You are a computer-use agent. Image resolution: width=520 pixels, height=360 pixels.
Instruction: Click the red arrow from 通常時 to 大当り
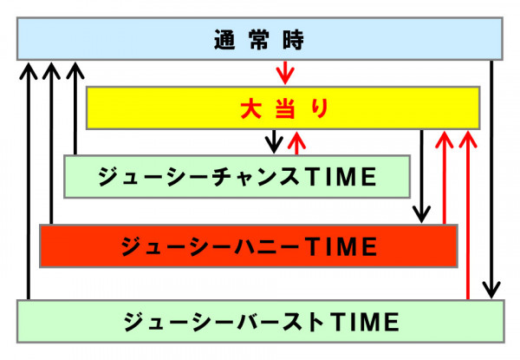285,72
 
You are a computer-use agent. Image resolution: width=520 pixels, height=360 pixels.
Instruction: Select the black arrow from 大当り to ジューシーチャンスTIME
274,141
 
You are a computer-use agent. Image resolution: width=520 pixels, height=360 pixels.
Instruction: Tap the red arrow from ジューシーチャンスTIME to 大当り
296,143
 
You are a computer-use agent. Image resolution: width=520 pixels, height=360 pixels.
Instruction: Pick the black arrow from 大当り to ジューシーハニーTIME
421,176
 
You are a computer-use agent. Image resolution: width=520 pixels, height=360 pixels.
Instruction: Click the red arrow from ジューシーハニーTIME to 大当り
444,178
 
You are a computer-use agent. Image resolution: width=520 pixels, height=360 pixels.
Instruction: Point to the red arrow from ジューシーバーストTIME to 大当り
468,215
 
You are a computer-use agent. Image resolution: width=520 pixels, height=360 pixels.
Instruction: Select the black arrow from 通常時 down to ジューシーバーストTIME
491,180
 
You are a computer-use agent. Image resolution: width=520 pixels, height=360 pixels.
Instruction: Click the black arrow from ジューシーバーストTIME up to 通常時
29,181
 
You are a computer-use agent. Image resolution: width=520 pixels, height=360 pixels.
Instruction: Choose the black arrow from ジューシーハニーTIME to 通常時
51,143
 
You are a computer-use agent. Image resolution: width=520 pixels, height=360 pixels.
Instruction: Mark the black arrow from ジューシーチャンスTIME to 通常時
75,108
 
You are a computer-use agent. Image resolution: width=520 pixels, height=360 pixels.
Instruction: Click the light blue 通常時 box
260,39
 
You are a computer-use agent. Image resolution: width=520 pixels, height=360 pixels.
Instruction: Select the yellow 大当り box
283,108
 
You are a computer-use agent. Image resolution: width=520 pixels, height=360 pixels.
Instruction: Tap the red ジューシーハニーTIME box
249,245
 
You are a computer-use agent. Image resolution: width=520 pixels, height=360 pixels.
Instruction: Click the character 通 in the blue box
224,40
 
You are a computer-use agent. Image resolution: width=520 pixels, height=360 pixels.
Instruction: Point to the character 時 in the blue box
293,40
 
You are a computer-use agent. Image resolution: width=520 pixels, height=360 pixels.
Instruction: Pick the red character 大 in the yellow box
250,108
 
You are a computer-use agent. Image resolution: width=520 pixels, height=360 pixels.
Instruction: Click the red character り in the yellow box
320,108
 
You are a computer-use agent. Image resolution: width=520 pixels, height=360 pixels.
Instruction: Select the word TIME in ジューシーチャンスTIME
342,176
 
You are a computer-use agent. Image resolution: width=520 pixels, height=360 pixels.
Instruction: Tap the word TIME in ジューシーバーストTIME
365,322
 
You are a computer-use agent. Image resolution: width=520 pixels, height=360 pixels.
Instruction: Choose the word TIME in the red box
342,246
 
